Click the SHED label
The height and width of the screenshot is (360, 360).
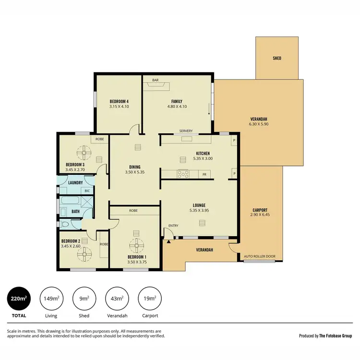[277, 59]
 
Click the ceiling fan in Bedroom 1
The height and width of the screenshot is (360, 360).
[137, 245]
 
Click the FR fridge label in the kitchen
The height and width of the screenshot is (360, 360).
[204, 174]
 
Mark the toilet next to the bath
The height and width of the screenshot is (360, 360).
[65, 224]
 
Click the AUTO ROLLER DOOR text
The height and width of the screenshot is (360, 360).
[260, 257]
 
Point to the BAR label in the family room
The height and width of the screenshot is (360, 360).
[156, 80]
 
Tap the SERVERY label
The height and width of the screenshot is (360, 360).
[186, 131]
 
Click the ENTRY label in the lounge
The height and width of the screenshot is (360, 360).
[173, 226]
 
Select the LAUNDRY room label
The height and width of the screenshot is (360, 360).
[75, 183]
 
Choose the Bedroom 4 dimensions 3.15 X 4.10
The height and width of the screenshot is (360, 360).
[119, 107]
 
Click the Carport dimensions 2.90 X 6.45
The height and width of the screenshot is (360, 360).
[260, 216]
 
